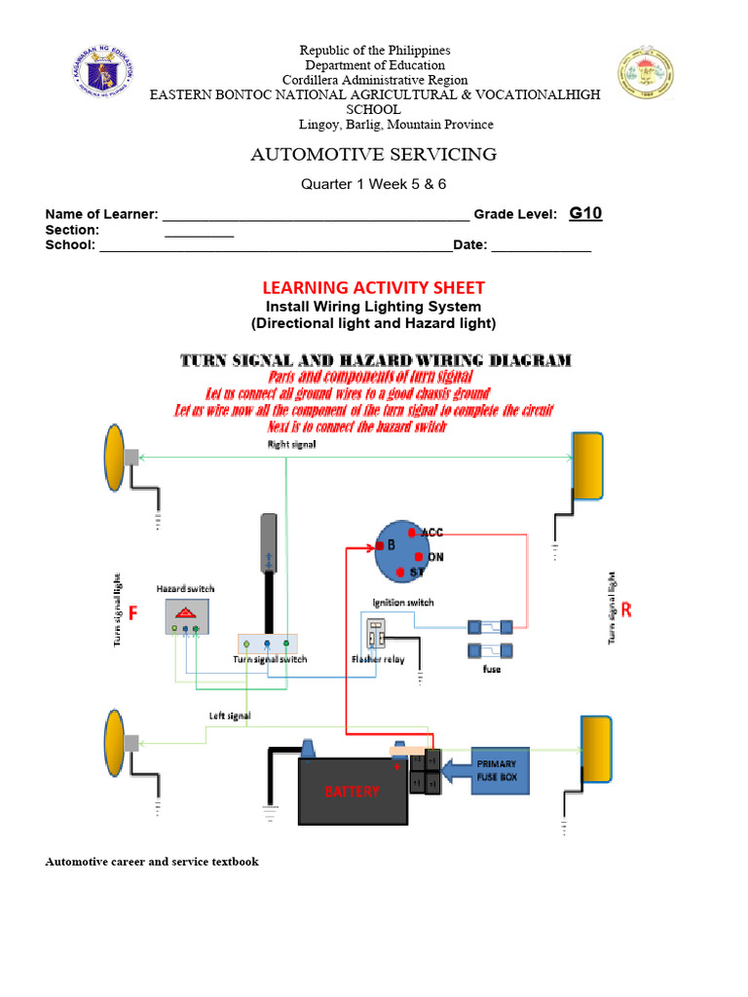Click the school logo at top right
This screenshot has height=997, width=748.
646,77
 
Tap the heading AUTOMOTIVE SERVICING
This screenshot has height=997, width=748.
374,154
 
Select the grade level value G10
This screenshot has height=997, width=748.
585,213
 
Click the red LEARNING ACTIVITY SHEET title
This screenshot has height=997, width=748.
373,287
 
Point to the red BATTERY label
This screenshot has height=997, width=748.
352,792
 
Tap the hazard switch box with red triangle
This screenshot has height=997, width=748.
186,615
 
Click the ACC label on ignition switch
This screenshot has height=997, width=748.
431,533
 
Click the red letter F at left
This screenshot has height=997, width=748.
134,612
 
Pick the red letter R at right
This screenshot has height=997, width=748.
626,610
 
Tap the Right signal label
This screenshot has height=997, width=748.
292,444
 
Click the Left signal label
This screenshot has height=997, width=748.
230,716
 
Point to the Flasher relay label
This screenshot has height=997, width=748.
379,659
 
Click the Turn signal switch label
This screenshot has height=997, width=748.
270,659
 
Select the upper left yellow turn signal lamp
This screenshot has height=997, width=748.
114,457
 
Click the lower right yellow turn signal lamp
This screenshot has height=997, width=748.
596,748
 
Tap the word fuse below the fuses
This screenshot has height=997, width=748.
492,670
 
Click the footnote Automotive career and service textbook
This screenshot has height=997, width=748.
152,862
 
